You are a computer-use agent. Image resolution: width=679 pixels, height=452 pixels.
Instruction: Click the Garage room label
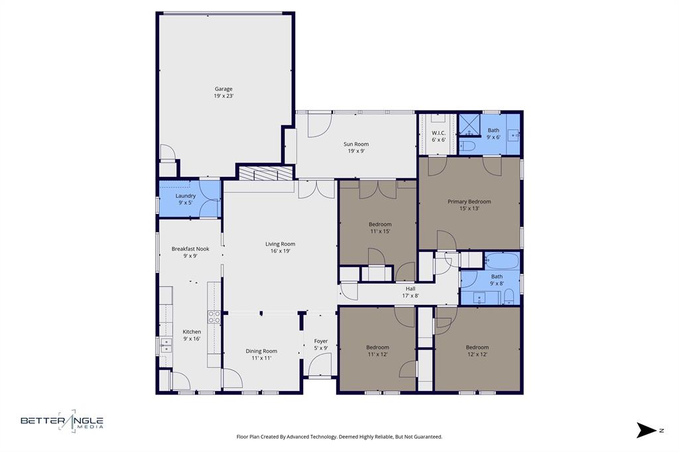(x=223, y=89)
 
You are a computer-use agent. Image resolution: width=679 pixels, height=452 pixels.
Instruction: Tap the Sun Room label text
(x=356, y=144)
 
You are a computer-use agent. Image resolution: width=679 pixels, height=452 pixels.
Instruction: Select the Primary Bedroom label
(x=469, y=201)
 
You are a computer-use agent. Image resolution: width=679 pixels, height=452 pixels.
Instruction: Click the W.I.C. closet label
(x=438, y=133)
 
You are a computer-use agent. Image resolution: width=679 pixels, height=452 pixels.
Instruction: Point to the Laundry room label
(x=186, y=196)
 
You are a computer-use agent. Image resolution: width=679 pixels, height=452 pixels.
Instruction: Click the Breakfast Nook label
(x=190, y=249)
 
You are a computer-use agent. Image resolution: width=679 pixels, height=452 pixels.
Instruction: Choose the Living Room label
(x=280, y=244)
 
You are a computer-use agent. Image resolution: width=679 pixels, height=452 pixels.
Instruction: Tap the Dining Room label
(x=261, y=351)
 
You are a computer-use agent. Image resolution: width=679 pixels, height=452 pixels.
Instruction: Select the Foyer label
(x=321, y=341)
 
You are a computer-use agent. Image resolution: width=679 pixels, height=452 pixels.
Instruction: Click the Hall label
(x=411, y=288)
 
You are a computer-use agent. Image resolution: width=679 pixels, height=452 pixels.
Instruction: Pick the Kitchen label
(x=192, y=331)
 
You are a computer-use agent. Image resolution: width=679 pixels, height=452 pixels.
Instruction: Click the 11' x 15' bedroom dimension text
(x=380, y=231)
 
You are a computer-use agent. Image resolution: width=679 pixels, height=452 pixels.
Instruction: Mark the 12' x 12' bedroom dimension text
(x=477, y=354)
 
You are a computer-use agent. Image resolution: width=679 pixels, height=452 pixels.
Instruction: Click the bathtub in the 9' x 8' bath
(x=503, y=260)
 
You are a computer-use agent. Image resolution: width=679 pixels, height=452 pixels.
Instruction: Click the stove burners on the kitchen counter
(x=214, y=317)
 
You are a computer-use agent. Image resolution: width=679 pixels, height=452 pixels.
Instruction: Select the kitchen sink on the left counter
(x=165, y=345)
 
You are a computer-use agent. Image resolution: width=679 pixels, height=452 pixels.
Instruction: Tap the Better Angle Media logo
(x=62, y=421)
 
